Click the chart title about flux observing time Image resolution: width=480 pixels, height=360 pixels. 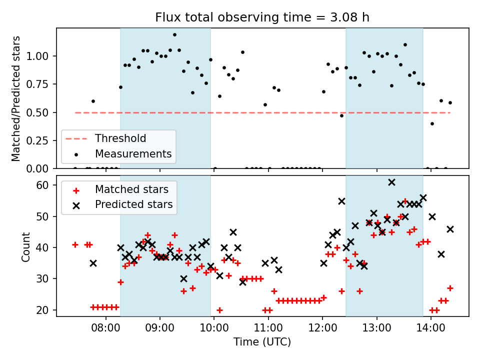(x=262, y=18)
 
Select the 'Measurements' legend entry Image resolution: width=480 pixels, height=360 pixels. (x=133, y=153)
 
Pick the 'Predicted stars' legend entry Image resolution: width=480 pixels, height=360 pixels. (x=133, y=204)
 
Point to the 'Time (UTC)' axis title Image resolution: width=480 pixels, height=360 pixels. (x=262, y=342)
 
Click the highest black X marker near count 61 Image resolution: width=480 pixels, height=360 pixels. (x=391, y=182)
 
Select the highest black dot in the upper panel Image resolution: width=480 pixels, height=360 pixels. (x=174, y=35)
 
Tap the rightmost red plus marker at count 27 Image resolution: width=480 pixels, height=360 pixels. (x=450, y=288)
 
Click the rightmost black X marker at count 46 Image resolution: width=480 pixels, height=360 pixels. (x=450, y=229)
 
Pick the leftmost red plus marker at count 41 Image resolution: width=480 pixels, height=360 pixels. (x=75, y=244)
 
